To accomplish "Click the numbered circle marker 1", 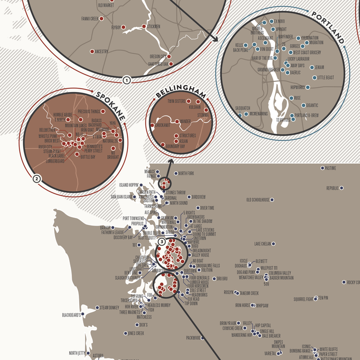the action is click(126, 80).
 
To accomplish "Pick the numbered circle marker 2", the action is click(36, 179).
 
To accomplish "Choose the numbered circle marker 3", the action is click(162, 242).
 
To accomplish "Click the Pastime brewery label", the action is click(331, 168).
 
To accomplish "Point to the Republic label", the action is click(333, 188).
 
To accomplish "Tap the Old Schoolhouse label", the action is click(258, 200).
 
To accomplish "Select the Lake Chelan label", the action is click(262, 244).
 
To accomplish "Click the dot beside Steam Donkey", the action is click(96, 308).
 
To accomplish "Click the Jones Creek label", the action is click(136, 333).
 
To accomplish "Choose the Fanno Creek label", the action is click(88, 19).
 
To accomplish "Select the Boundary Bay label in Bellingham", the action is click(176, 147).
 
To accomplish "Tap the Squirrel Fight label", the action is click(303, 299).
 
